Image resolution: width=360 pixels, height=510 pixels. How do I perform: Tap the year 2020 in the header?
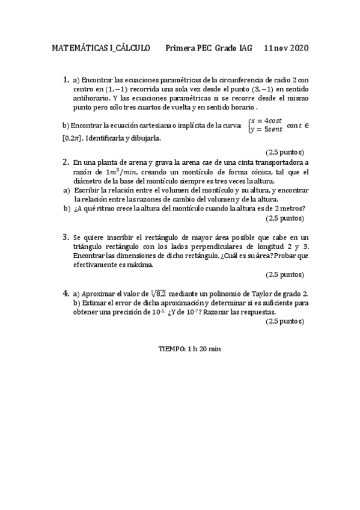point(297,49)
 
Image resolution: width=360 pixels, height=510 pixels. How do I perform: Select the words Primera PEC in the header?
point(185,49)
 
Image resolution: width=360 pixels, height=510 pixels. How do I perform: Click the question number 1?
point(66,79)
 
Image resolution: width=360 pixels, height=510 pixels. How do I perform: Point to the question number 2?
point(66,162)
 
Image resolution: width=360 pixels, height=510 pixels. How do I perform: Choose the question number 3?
point(66,237)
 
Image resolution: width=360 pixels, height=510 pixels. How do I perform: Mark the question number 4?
point(66,293)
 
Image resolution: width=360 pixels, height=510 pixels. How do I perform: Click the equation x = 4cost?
point(266,121)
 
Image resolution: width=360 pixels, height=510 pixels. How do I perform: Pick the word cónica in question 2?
point(252,172)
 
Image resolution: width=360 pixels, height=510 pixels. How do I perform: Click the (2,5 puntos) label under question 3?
point(285,274)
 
